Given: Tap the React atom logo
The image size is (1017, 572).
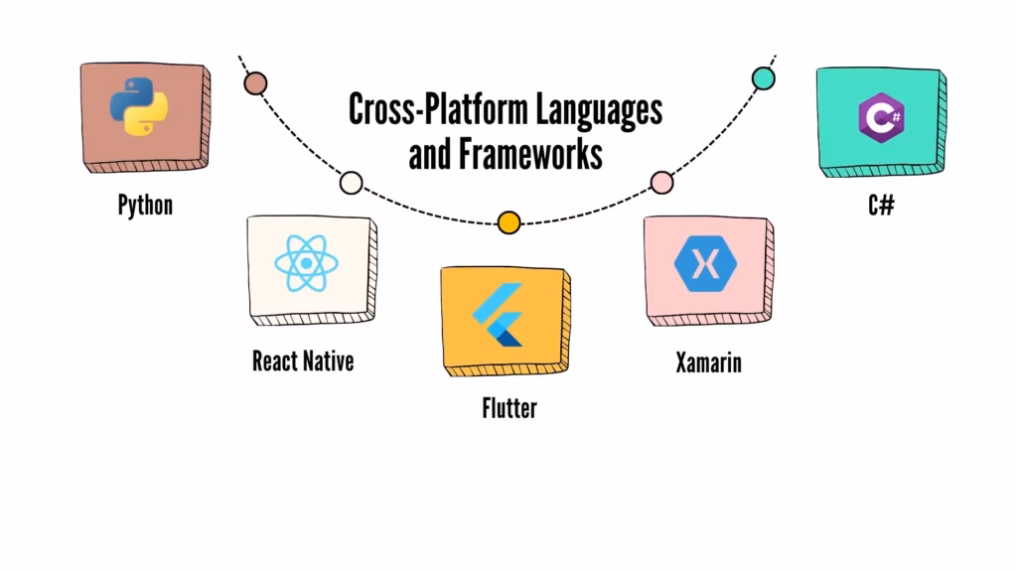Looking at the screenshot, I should (307, 263).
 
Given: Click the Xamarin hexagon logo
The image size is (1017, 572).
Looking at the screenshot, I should (707, 263).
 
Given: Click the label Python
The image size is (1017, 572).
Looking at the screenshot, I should (145, 206).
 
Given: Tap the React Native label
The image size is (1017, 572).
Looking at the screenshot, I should (303, 360).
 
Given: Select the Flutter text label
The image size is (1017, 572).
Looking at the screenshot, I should (508, 407).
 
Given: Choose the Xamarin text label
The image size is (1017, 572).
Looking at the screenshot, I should (708, 362).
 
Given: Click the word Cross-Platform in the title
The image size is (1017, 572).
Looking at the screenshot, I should (437, 110).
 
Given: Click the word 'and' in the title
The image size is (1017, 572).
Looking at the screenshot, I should (429, 155).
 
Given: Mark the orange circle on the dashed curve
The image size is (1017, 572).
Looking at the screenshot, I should (508, 222).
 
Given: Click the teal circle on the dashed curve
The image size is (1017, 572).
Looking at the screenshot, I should (764, 78).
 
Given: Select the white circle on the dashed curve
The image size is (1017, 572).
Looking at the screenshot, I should (351, 183).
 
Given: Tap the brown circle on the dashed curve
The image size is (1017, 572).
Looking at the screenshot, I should (255, 82).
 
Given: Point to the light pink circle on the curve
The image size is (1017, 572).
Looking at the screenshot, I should (661, 182).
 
